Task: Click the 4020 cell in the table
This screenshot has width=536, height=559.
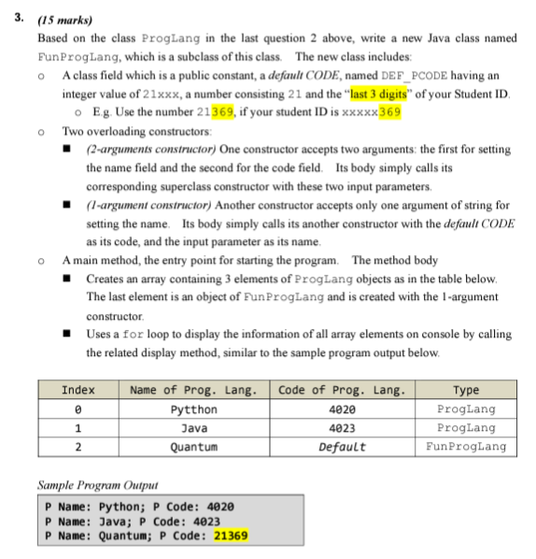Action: [x=342, y=409]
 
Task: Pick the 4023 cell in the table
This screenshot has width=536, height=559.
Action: [x=342, y=427]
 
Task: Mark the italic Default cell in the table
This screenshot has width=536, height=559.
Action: [x=342, y=446]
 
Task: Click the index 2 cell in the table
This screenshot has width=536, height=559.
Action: [x=77, y=446]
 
